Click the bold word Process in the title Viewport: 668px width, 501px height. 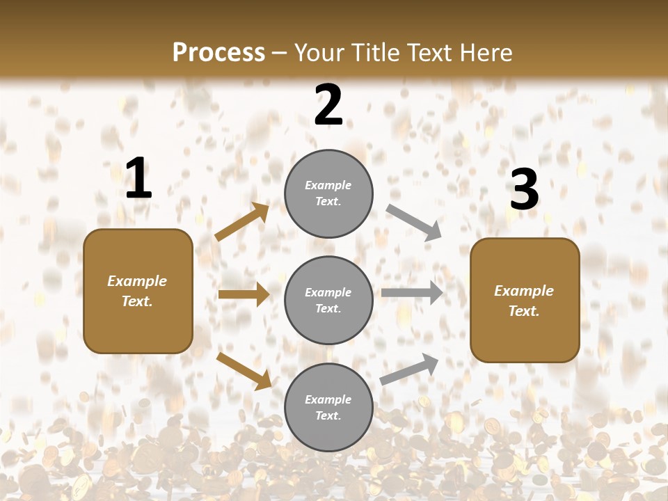click(218, 53)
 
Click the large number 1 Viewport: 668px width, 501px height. click(138, 179)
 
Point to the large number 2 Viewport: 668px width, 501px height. click(328, 106)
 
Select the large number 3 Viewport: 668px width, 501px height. click(524, 189)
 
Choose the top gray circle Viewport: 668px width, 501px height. click(328, 193)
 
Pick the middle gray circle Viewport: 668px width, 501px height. click(328, 301)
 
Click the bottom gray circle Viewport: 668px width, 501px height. click(328, 408)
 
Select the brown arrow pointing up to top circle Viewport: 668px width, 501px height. click(242, 222)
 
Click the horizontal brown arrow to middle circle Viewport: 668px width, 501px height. click(244, 294)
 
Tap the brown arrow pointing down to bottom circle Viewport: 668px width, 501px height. click(244, 371)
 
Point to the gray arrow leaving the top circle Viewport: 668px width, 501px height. click(414, 223)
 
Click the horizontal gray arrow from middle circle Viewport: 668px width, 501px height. click(412, 293)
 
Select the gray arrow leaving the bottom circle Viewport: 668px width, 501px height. click(409, 369)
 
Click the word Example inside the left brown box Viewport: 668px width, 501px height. click(137, 281)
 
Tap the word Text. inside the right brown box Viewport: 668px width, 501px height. click(524, 311)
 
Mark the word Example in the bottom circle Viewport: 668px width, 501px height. click(328, 399)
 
